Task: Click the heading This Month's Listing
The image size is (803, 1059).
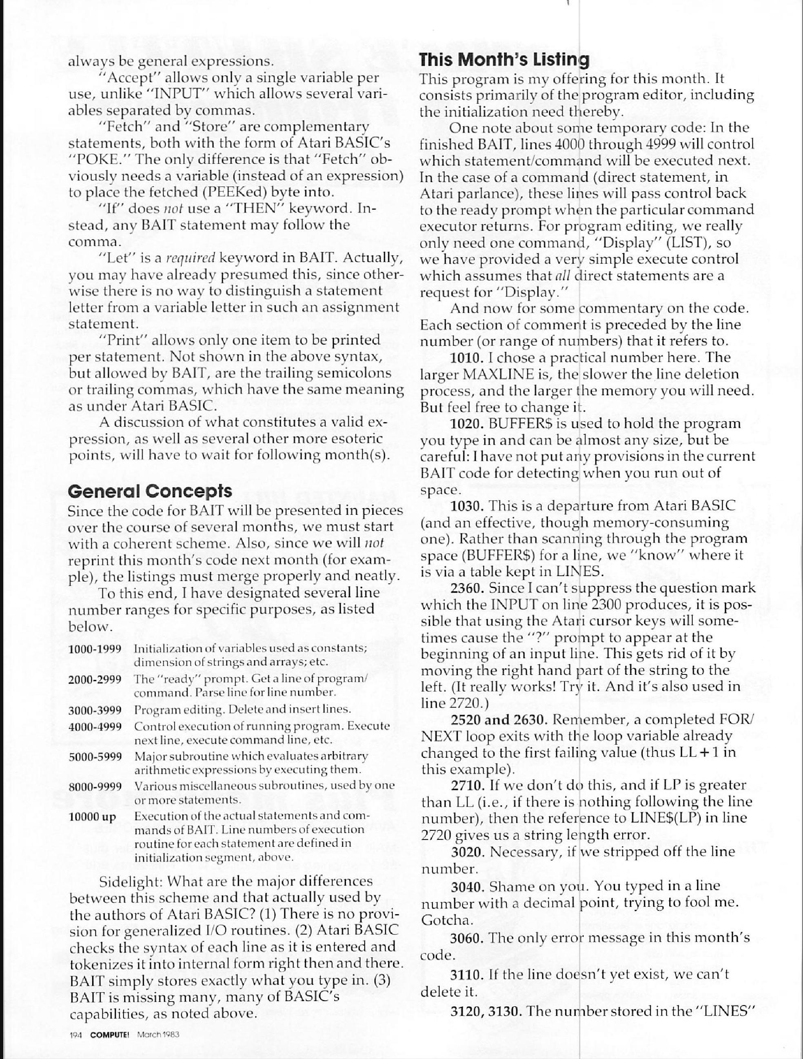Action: (504, 60)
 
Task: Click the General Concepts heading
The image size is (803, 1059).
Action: (150, 491)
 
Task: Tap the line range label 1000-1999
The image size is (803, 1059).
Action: (95, 649)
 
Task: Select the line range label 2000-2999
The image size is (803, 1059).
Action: (95, 680)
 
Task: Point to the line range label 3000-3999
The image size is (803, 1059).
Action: (95, 710)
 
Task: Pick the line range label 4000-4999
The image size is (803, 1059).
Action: (95, 726)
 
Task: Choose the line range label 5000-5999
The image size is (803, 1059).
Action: (95, 757)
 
